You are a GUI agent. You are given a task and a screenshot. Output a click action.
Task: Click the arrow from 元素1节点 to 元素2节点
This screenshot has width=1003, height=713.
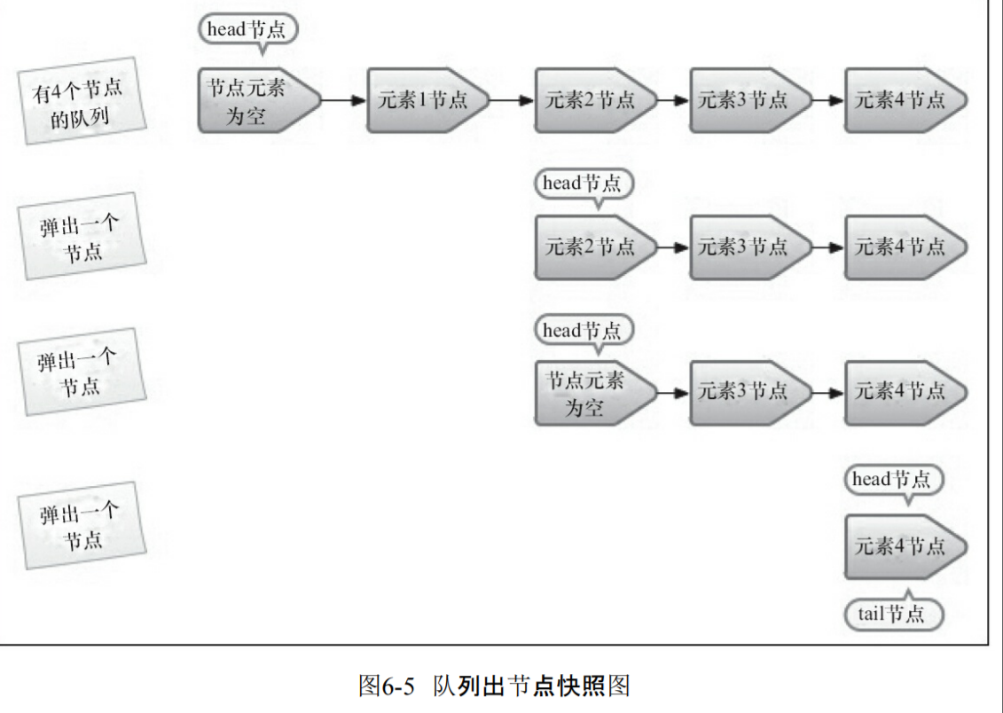pyautogui.click(x=513, y=100)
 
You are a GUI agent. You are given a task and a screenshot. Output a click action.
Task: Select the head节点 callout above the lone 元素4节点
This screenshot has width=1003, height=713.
pyautogui.click(x=892, y=481)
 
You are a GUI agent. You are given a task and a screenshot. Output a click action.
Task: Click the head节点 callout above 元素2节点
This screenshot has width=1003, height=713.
pyautogui.click(x=585, y=184)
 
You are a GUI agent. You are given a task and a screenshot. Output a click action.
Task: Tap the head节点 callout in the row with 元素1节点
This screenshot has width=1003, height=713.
pyautogui.click(x=248, y=29)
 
